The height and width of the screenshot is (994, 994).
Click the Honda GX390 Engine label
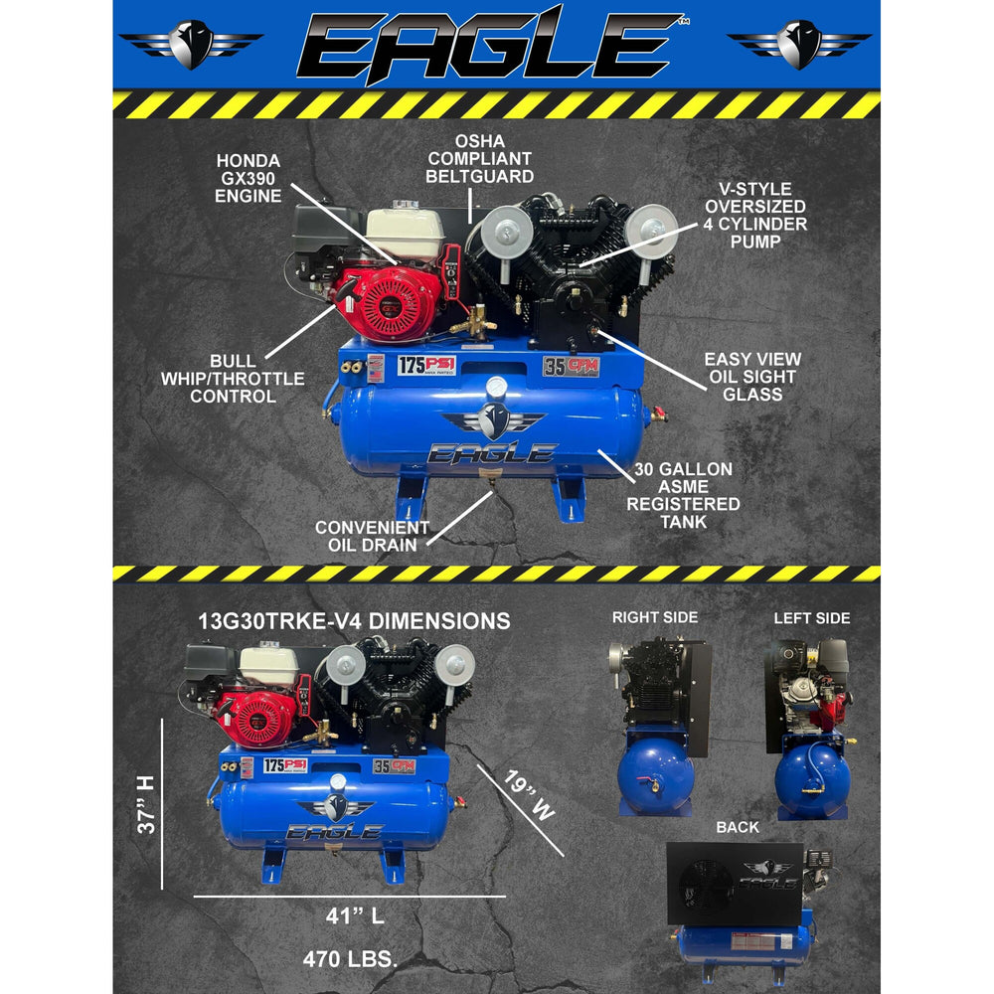(x=248, y=178)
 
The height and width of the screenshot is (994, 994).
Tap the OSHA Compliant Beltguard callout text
(x=493, y=158)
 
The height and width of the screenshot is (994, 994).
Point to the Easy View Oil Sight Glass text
(x=752, y=376)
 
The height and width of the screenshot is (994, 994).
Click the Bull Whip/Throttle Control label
(x=232, y=378)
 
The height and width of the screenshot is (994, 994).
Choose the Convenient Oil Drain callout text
(x=372, y=536)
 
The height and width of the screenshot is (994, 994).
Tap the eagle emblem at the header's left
(x=190, y=43)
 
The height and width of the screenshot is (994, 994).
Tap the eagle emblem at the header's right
(x=799, y=43)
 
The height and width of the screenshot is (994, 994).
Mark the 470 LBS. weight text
(x=350, y=959)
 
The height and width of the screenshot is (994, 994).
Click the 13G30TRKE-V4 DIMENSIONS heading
(x=355, y=621)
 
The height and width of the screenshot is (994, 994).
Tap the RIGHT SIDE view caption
(x=654, y=618)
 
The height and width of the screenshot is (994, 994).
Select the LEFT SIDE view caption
(x=812, y=618)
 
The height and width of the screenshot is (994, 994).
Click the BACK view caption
(x=737, y=827)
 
